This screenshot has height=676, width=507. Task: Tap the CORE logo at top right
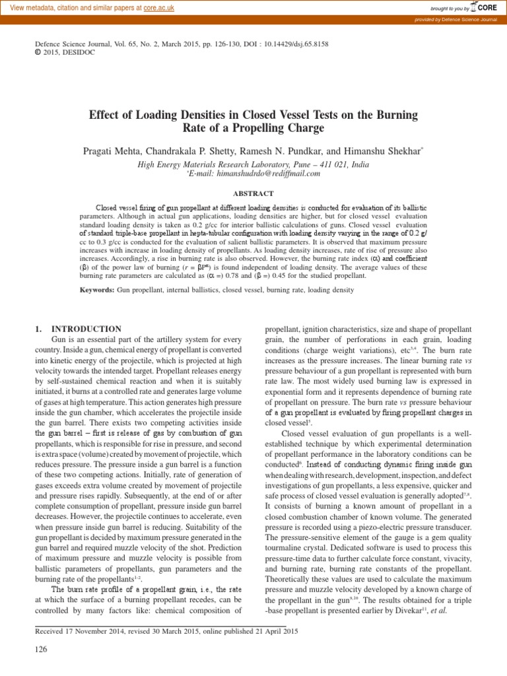(485, 7)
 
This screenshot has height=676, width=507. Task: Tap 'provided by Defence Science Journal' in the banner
(460, 20)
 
